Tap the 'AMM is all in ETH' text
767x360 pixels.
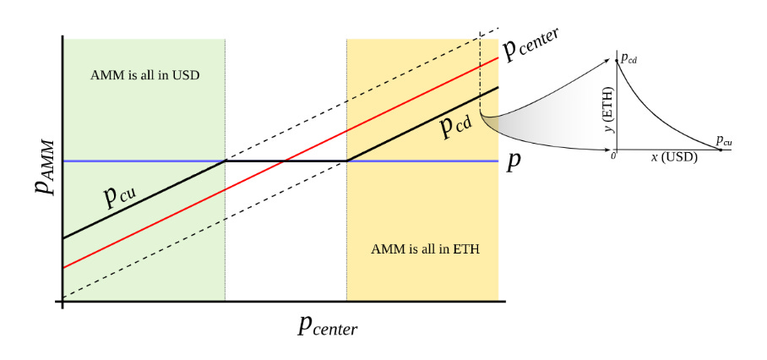[420, 249]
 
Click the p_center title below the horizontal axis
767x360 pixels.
[328, 325]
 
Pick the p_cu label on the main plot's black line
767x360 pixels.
[121, 196]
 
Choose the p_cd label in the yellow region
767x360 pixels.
[455, 126]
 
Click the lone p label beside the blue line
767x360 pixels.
[513, 162]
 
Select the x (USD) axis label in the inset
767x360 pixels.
[673, 156]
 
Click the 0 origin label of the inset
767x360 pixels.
[613, 154]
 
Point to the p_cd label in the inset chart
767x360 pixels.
[628, 59]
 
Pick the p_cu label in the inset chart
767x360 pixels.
[723, 140]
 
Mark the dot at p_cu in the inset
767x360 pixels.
[721, 149]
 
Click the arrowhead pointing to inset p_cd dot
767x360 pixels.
[607, 61]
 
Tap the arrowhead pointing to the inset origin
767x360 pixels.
[608, 150]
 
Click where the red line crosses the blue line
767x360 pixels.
[286, 161]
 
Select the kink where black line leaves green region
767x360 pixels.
[225, 161]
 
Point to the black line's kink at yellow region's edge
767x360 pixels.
[346, 161]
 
